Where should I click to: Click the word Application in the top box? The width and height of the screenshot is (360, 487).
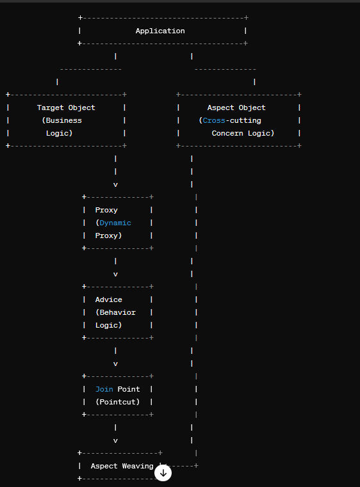pyautogui.click(x=160, y=31)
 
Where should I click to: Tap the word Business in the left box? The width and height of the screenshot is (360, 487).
pyautogui.click(x=64, y=120)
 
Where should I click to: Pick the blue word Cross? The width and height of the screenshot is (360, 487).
pyautogui.click(x=214, y=120)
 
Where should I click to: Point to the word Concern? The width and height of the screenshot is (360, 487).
pyautogui.click(x=227, y=133)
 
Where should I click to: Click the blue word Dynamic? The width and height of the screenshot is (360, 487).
pyautogui.click(x=115, y=223)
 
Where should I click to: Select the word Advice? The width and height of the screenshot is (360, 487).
pyautogui.click(x=108, y=299)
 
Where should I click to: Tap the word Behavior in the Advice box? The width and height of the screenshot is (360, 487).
pyautogui.click(x=117, y=312)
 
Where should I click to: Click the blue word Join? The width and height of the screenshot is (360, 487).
pyautogui.click(x=104, y=389)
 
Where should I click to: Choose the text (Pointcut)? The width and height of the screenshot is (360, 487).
pyautogui.click(x=117, y=402)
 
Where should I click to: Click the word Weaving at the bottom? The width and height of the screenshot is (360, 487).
pyautogui.click(x=138, y=466)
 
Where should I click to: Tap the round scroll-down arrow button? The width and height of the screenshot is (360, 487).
pyautogui.click(x=163, y=473)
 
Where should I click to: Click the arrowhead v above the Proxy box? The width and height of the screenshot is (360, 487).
pyautogui.click(x=115, y=185)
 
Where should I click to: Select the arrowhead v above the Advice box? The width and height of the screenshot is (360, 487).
pyautogui.click(x=115, y=275)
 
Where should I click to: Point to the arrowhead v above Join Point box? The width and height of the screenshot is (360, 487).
pyautogui.click(x=115, y=364)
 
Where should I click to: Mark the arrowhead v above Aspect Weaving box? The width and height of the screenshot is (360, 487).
pyautogui.click(x=115, y=441)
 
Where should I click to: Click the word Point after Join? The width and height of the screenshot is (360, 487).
pyautogui.click(x=129, y=389)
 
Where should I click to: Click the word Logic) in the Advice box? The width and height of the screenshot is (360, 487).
pyautogui.click(x=108, y=325)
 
